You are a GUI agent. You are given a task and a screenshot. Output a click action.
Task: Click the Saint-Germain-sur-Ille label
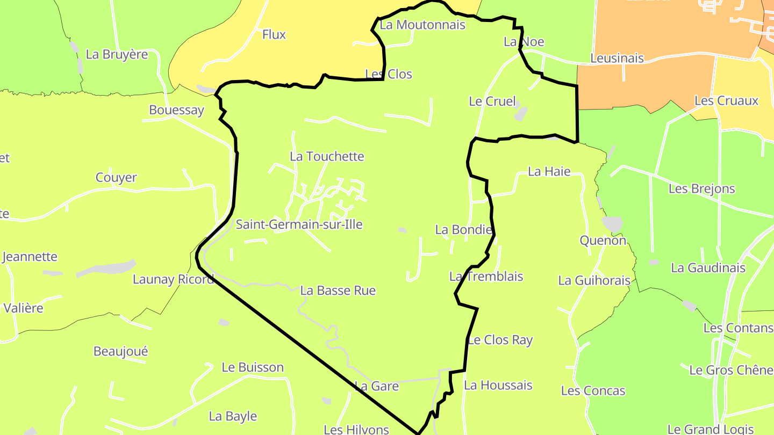pyautogui.click(x=299, y=224)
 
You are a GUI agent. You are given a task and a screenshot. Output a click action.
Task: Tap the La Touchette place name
pyautogui.click(x=327, y=156)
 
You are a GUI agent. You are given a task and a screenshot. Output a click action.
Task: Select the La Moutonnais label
pyautogui.click(x=422, y=25)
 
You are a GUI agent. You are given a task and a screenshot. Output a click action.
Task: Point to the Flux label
pyautogui.click(x=274, y=35)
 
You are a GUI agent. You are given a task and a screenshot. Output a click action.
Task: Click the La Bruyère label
pyautogui.click(x=117, y=54)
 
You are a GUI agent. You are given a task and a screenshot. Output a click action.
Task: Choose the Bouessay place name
pyautogui.click(x=176, y=110)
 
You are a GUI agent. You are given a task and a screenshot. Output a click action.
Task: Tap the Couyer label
pyautogui.click(x=116, y=177)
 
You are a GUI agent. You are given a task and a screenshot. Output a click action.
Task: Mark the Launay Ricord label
pyautogui.click(x=173, y=279)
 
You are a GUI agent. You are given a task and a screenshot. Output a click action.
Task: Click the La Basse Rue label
pyautogui.click(x=338, y=291)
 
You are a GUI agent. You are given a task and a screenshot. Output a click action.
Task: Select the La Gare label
pyautogui.click(x=376, y=386)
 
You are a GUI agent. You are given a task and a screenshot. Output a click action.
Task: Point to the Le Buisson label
pyautogui.click(x=253, y=367)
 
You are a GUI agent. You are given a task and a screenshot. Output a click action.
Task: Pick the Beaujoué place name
pyautogui.click(x=120, y=351)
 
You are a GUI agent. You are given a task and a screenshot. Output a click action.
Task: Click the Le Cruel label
pyautogui.click(x=492, y=101)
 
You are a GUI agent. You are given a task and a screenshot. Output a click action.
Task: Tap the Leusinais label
pyautogui.click(x=617, y=58)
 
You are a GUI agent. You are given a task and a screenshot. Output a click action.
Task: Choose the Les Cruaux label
pyautogui.click(x=726, y=100)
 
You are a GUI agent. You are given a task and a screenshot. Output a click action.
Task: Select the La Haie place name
pyautogui.click(x=549, y=171)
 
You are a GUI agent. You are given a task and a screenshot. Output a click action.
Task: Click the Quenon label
pyautogui.click(x=603, y=240)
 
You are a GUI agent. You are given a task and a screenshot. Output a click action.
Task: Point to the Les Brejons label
pyautogui.click(x=701, y=189)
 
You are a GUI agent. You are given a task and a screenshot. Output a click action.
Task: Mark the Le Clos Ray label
pyautogui.click(x=500, y=340)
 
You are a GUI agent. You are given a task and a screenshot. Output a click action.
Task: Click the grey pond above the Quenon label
pyautogui.click(x=612, y=223)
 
